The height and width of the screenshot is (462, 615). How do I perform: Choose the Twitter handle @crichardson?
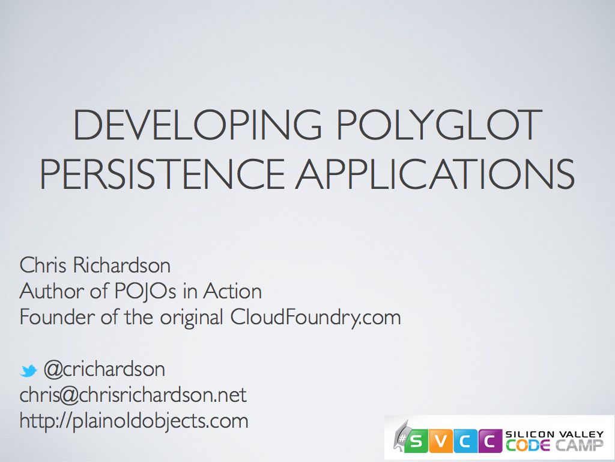104,369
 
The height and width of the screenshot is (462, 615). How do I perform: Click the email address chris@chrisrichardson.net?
133,395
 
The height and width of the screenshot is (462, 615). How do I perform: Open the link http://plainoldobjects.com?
133,420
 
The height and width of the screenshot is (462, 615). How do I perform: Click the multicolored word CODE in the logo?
528,446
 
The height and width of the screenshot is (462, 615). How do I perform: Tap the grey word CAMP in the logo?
580,446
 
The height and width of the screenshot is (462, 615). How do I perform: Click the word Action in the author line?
232,291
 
